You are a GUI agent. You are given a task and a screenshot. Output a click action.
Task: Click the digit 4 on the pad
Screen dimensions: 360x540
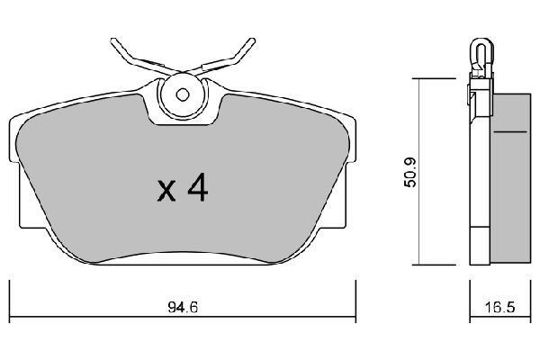pyautogui.click(x=196, y=188)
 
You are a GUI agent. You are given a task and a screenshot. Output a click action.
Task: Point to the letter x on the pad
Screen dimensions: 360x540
pyautogui.click(x=165, y=191)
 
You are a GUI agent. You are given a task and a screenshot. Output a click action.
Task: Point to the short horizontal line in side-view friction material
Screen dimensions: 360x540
pyautogui.click(x=510, y=132)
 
